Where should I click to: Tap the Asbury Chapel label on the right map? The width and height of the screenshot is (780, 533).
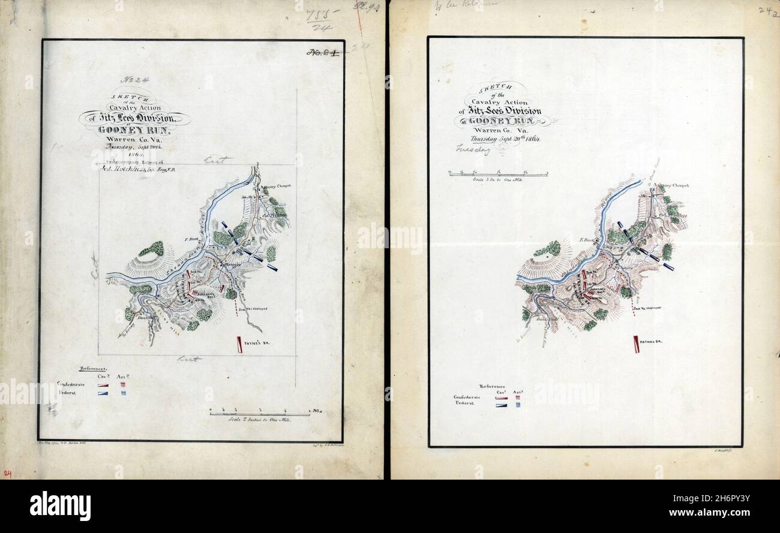coord(672,185)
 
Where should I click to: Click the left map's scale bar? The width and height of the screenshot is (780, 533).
coord(260,412)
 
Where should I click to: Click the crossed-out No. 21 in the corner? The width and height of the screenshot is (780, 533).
coord(322,52)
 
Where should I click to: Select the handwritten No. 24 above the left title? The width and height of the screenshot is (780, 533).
coord(134,79)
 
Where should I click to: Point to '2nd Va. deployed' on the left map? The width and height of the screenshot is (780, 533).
coord(257,308)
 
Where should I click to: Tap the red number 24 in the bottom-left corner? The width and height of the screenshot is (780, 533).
coord(7,474)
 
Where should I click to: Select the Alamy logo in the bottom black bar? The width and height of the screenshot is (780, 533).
coord(60,505)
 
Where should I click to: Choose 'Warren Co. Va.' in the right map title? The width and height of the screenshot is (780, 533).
coord(499,130)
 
